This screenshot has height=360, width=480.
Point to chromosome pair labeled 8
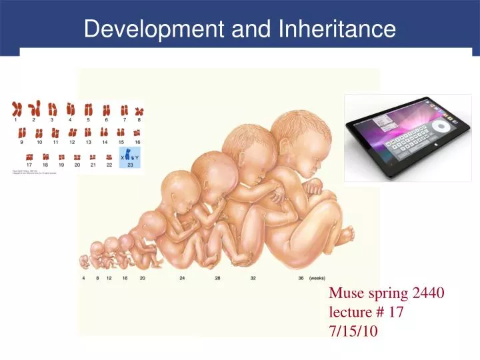[139, 109]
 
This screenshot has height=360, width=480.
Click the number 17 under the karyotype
[29, 164]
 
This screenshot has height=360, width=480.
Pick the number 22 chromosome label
[109, 164]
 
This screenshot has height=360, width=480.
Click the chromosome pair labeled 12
[72, 132]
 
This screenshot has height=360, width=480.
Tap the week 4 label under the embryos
[84, 278]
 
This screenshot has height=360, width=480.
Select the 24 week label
[182, 278]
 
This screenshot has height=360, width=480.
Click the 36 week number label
[301, 278]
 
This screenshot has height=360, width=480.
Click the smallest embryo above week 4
[85, 261]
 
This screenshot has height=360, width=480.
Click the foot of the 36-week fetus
[345, 234]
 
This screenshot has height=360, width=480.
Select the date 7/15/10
[353, 329]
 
